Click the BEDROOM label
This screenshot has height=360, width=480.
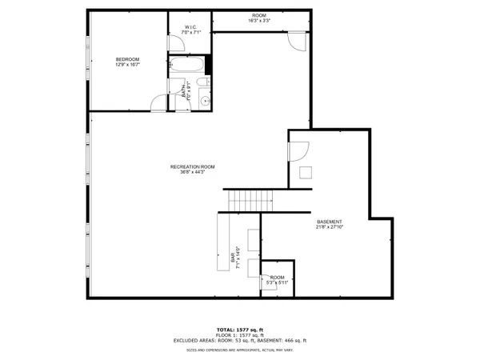point(127,58)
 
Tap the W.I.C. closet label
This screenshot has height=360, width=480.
point(190,27)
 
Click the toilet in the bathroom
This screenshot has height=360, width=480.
point(203,82)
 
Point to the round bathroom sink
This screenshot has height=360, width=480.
point(203,100)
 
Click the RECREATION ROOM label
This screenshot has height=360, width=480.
point(192,166)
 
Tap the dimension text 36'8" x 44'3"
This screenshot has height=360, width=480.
point(192,172)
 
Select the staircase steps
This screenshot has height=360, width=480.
point(251,199)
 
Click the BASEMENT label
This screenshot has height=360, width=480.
point(330,222)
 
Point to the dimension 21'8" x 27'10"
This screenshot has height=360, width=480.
point(330,227)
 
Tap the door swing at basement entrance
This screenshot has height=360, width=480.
point(298,150)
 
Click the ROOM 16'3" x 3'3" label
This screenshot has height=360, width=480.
point(258,16)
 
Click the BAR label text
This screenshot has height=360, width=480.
point(234,257)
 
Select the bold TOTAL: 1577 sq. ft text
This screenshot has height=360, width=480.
point(240,330)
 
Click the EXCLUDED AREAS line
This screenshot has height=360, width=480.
point(240,341)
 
